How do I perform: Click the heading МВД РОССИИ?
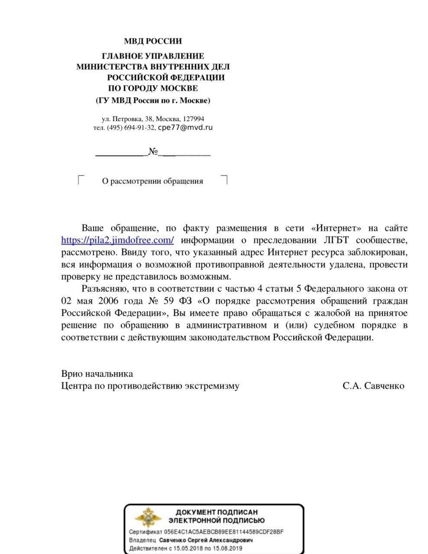153,42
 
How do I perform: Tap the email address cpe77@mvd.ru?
185,128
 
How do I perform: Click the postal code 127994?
193,119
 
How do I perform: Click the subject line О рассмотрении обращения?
152,181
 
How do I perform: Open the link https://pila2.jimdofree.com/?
117,240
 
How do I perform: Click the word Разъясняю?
103,289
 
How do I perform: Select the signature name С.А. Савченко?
373,386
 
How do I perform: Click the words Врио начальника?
97,374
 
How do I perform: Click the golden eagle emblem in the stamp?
148,517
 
